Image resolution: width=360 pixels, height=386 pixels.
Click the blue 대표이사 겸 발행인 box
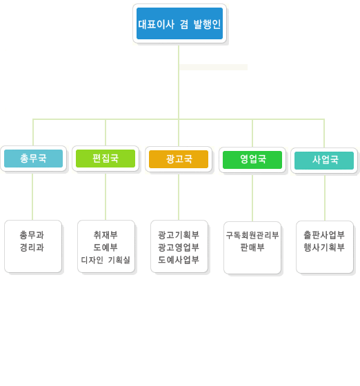(x=179, y=23)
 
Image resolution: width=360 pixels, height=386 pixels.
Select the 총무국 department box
(x=34, y=159)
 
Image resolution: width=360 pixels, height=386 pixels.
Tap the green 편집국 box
(x=106, y=159)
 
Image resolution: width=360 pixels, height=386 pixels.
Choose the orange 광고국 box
(x=179, y=159)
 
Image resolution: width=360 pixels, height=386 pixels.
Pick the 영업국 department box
(x=252, y=160)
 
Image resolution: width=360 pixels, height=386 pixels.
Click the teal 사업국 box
(x=324, y=161)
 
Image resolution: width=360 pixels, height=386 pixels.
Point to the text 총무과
(x=32, y=235)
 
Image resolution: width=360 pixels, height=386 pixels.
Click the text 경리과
(x=32, y=247)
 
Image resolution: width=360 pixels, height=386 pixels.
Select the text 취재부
(x=106, y=235)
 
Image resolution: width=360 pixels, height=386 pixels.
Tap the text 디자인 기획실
(x=106, y=260)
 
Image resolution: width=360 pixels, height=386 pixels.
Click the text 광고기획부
(x=179, y=235)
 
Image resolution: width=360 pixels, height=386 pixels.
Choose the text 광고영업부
(x=179, y=247)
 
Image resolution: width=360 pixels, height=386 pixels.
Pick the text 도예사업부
(x=179, y=260)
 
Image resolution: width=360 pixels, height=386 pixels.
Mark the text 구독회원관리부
(x=252, y=235)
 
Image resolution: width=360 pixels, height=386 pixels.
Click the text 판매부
(x=252, y=247)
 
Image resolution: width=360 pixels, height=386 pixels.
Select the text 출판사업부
(x=324, y=235)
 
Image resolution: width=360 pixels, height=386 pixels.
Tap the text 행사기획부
(x=324, y=247)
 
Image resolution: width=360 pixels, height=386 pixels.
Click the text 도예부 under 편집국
(x=106, y=247)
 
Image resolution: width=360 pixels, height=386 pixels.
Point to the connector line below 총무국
(x=32, y=196)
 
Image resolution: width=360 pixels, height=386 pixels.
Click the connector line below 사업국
(x=325, y=198)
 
